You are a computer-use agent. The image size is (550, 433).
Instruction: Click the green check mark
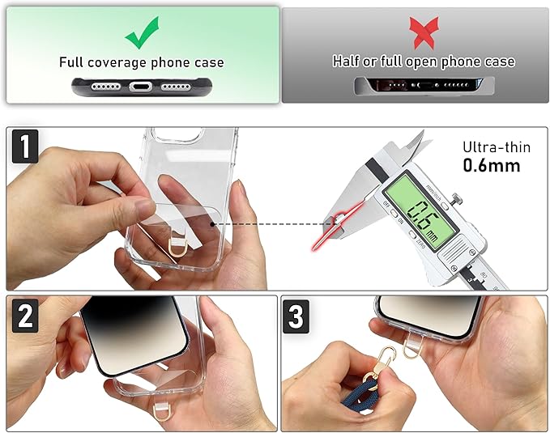click(x=142, y=34)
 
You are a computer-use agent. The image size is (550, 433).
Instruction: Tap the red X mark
click(x=424, y=32)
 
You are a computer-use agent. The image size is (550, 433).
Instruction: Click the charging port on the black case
click(x=141, y=87)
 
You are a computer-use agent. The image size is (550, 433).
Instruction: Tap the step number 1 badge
click(x=25, y=146)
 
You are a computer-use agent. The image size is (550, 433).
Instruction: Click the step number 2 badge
click(x=25, y=316)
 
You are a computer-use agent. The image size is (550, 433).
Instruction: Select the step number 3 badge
click(x=296, y=316)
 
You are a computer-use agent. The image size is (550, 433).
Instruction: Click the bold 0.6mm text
click(x=492, y=165)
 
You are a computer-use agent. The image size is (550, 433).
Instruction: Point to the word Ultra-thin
click(x=497, y=147)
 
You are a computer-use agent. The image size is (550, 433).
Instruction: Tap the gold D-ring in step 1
click(x=176, y=247)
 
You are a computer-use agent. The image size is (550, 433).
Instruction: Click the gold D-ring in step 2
click(x=160, y=413)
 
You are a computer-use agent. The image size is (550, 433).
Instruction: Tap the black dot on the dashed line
click(x=212, y=223)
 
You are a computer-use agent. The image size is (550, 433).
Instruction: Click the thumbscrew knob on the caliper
click(x=456, y=199)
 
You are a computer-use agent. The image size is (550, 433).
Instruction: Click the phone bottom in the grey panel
click(x=424, y=85)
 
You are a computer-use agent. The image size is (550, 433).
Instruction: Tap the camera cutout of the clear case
click(x=178, y=134)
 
